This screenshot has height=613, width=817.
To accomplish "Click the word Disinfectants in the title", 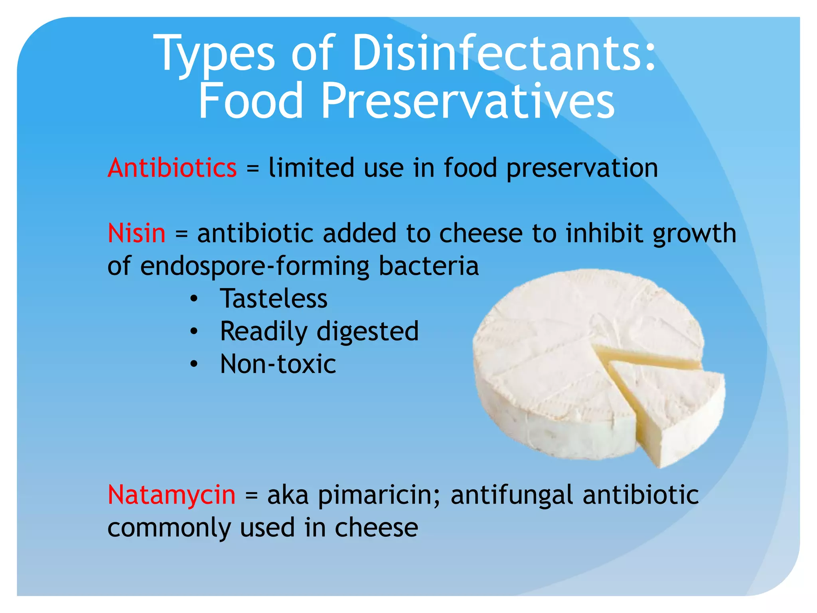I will pos(504,53).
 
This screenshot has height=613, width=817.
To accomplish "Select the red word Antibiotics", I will pos(172,168).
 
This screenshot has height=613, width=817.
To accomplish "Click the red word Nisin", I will pos(136,233).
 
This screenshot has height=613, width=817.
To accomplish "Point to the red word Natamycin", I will pos(172,495).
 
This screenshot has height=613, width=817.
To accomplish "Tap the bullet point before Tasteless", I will pos(194,299).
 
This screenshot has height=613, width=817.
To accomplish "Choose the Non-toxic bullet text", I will pos(278,364).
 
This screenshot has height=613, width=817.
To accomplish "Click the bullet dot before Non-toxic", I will pos(194,364).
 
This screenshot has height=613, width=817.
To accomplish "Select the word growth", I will pos(694,234).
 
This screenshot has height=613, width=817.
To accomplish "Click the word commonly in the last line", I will pos(169,528).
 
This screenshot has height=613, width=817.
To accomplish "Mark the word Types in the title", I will pos(216,53).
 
